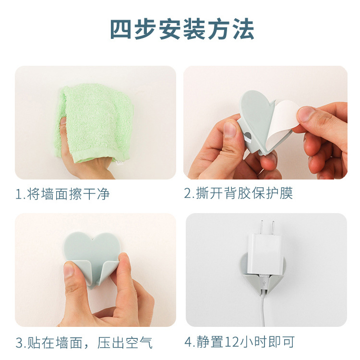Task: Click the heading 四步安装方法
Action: tap(182, 30)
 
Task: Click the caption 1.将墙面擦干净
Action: tap(63, 194)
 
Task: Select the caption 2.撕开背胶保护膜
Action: tap(239, 193)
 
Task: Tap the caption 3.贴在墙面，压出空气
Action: tap(84, 343)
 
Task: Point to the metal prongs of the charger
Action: tap(263, 226)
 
